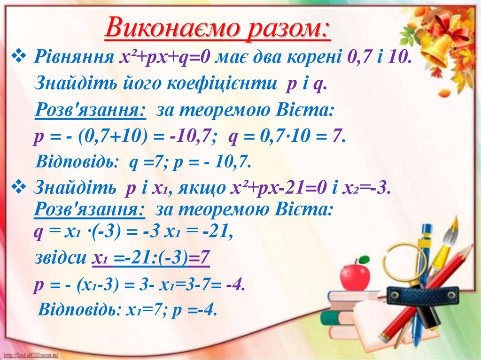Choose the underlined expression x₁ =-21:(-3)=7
point(151,258)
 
